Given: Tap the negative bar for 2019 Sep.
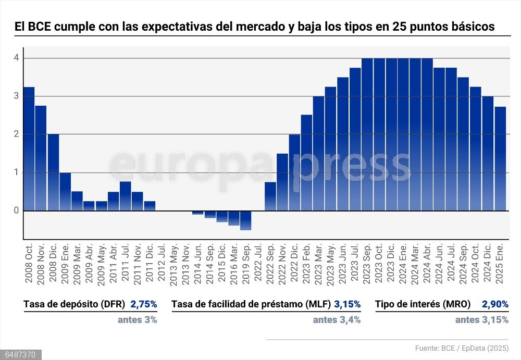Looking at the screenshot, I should pos(246,220).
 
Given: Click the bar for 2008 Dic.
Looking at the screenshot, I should pos(53,172).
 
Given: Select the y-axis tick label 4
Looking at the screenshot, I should pos(17,58).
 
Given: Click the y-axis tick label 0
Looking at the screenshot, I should pos(17,210).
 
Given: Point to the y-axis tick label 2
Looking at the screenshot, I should pos(17,134).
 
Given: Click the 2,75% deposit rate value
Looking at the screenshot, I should pos(144,304).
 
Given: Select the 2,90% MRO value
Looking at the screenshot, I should pos(495,304).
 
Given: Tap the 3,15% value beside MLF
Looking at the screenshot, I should pos(348,304).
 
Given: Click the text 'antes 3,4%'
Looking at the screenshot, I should pos(337,320).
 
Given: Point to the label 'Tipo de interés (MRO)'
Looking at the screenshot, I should pos(423,304).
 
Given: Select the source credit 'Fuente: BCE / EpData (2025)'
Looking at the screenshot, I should pos(462,348).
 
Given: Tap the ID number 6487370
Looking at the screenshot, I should pos(20,355).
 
